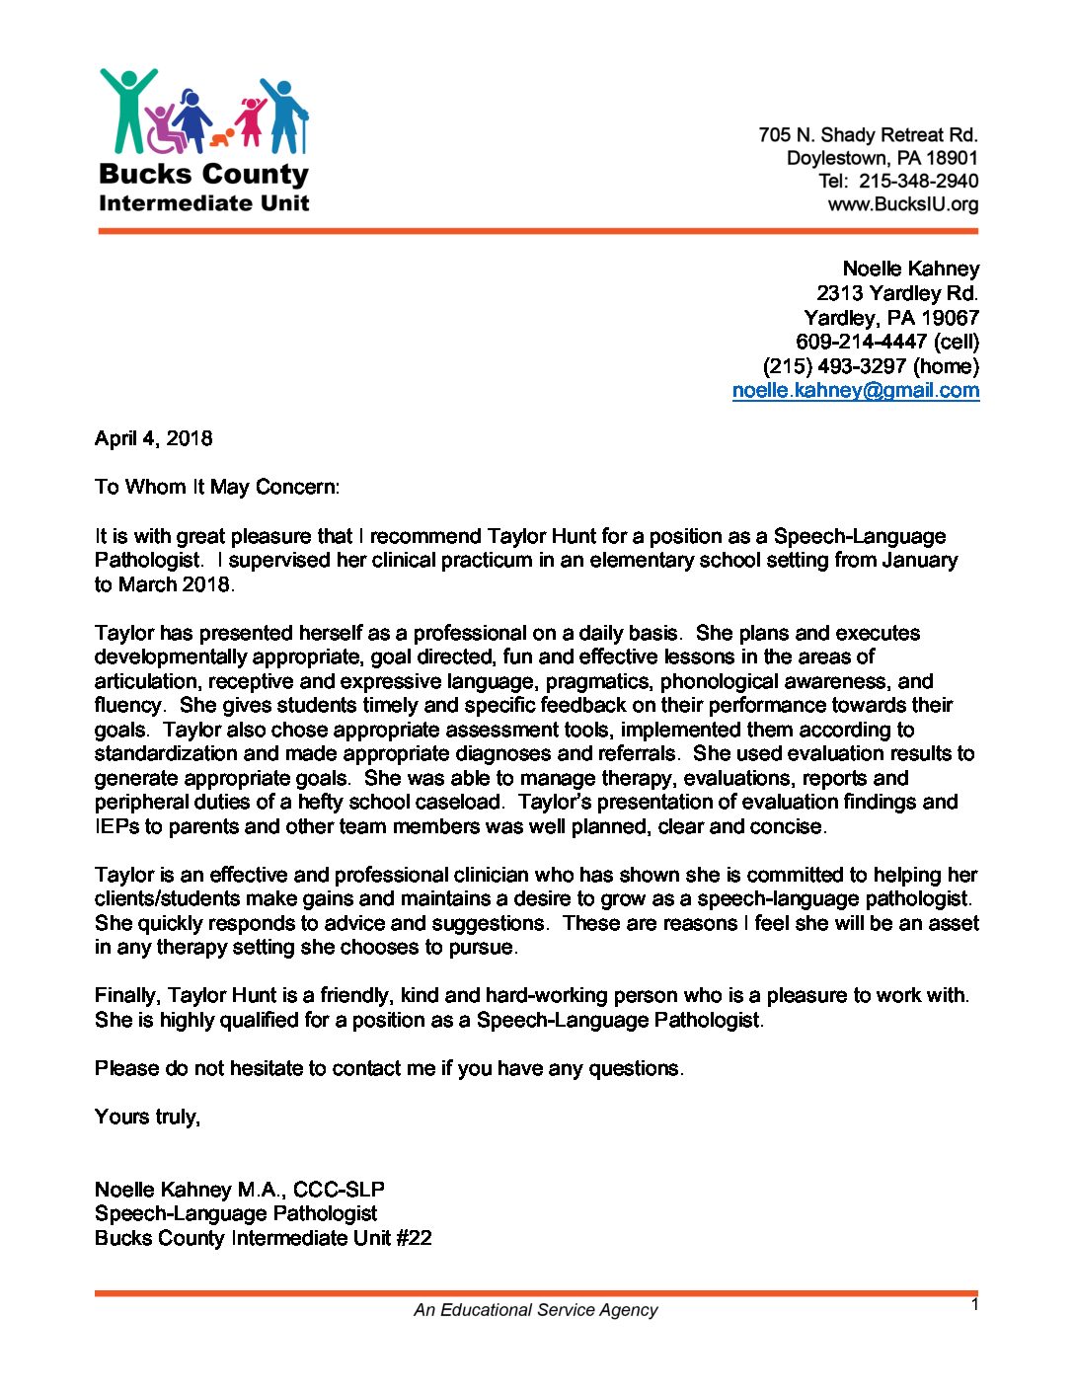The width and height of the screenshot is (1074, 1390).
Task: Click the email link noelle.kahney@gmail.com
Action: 856,391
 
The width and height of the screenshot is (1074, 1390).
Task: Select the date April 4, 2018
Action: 153,438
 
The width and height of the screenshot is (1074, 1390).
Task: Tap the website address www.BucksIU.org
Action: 902,205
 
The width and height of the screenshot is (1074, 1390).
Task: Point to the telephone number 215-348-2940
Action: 918,182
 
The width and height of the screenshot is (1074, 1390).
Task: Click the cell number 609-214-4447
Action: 861,343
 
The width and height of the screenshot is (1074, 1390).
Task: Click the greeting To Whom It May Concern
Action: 216,487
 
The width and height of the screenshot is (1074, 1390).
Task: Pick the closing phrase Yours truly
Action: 147,1117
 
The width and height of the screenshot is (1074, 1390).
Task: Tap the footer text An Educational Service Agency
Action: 535,1310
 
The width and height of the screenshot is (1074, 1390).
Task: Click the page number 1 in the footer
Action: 974,1305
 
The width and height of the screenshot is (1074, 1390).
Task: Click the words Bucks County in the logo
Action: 203,175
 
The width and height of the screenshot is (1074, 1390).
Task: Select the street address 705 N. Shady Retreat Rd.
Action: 868,135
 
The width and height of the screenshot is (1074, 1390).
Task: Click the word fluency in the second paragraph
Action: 128,705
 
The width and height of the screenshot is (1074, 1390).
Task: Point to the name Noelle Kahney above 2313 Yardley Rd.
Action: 910,269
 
